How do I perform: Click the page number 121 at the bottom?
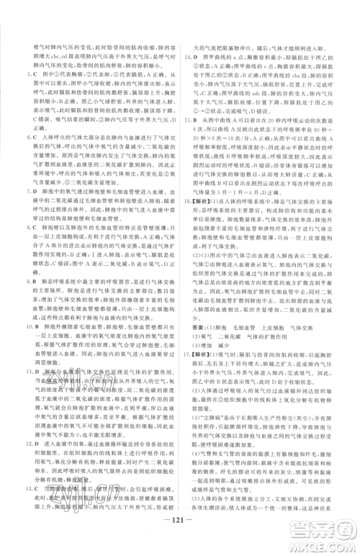click(x=179, y=537)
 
